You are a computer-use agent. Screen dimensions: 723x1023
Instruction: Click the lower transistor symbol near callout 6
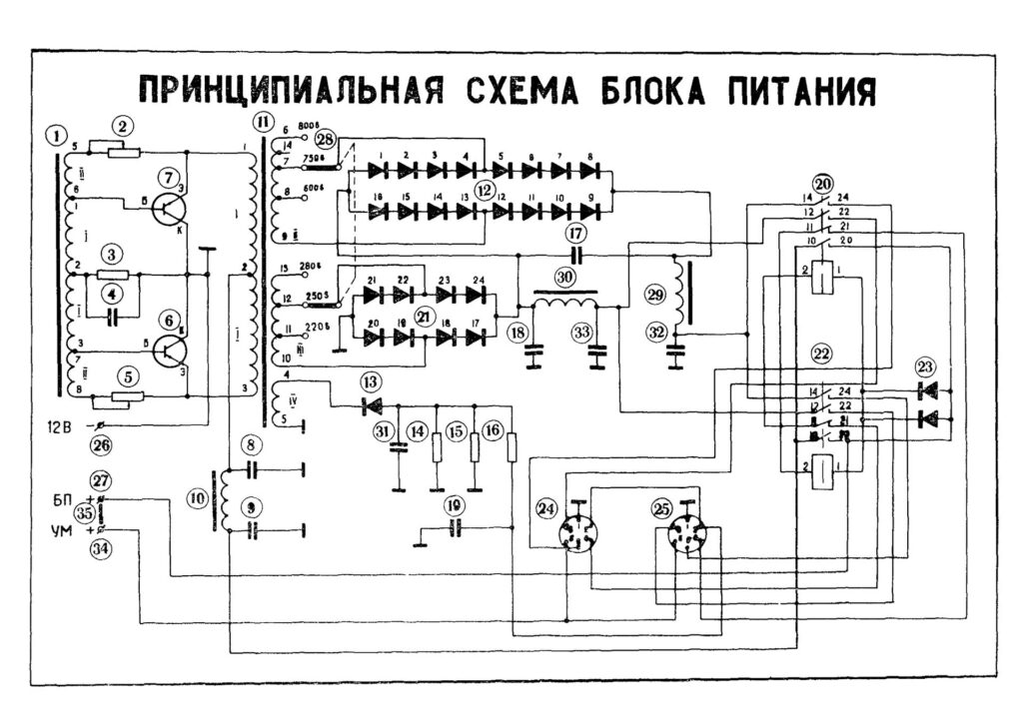pyautogui.click(x=175, y=351)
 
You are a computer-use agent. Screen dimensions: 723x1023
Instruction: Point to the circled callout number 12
pyautogui.click(x=485, y=189)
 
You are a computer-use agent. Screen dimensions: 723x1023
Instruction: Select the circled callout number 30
pyautogui.click(x=565, y=277)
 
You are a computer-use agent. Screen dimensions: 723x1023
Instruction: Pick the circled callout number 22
pyautogui.click(x=821, y=352)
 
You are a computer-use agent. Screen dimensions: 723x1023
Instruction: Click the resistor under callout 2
pyautogui.click(x=121, y=152)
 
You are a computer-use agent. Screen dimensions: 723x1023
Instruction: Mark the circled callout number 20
pyautogui.click(x=822, y=184)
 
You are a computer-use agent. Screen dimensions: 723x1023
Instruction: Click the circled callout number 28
pyautogui.click(x=325, y=139)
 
